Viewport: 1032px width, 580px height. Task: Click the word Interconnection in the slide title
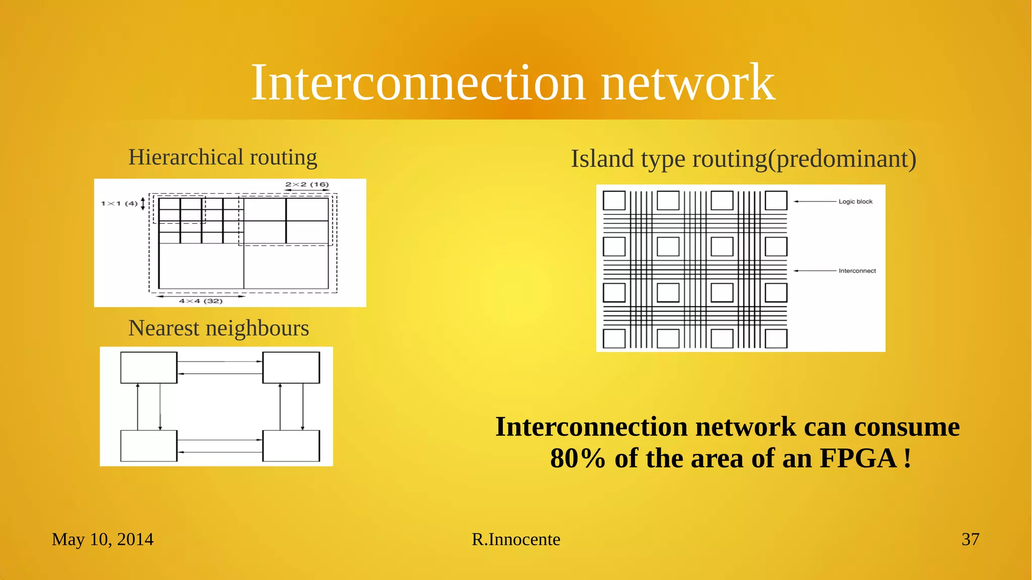tap(418, 83)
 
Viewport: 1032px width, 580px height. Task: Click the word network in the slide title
tap(688, 83)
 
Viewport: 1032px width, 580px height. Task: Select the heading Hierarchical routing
tap(222, 157)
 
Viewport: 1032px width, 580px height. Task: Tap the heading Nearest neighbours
tap(218, 328)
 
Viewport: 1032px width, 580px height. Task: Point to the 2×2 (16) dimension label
tap(307, 185)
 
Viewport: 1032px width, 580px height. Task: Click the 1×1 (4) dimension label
tap(119, 203)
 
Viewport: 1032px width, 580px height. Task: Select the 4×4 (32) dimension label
tap(201, 301)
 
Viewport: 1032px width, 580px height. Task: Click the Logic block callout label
tap(855, 202)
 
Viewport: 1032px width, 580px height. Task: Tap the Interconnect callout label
tap(857, 271)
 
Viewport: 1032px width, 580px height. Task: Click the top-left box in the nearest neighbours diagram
tap(149, 368)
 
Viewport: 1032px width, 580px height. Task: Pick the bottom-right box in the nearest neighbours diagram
tap(291, 446)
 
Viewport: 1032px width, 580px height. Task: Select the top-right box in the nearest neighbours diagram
tap(291, 368)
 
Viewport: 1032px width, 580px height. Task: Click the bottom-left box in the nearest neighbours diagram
tap(149, 446)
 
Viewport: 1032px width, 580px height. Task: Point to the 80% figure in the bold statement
tap(577, 458)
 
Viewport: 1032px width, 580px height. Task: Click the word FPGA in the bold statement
tap(858, 458)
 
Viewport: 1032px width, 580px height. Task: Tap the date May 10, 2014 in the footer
tap(102, 539)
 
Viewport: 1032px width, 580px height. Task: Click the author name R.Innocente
tap(515, 539)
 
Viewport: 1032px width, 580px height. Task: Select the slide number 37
tap(970, 539)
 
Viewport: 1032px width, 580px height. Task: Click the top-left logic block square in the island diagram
tap(614, 201)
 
